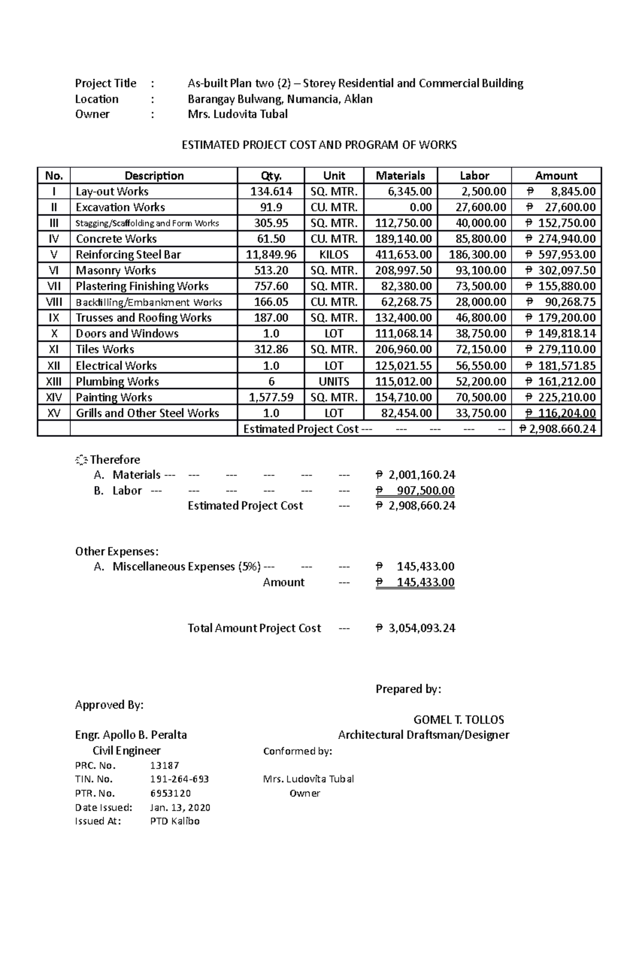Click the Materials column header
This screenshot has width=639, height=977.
(400, 176)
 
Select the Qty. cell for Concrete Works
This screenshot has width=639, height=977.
(271, 239)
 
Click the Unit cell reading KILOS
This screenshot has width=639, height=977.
(334, 254)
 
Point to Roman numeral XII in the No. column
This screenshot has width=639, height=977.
(54, 366)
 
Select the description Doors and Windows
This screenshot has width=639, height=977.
(127, 334)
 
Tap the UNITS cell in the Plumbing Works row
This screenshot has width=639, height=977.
(334, 382)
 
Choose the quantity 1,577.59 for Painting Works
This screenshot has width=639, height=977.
(271, 397)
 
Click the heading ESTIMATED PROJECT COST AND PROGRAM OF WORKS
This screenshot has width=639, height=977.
(319, 145)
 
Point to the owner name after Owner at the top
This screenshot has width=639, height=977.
(237, 114)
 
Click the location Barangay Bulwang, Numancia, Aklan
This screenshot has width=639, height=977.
(280, 99)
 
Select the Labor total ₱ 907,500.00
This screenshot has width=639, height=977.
(415, 490)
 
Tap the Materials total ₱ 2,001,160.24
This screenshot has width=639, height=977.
(415, 475)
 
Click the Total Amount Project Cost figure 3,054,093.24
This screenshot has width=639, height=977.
(421, 628)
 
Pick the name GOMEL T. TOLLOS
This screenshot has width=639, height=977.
(458, 720)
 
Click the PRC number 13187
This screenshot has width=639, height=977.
(165, 766)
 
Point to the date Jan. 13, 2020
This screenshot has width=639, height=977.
(181, 807)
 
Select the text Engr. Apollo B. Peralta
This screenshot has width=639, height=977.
(131, 735)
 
